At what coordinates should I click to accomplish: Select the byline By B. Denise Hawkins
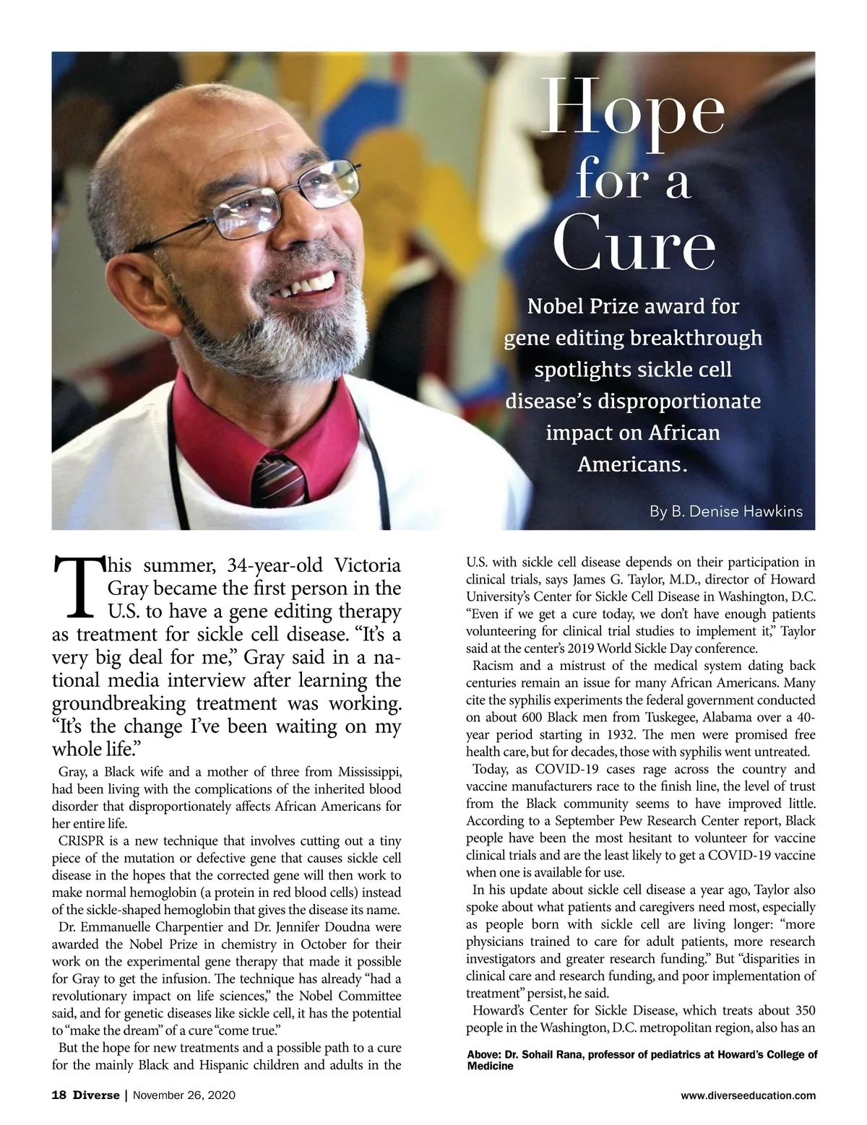(x=725, y=511)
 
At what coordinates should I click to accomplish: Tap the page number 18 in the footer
(x=59, y=1095)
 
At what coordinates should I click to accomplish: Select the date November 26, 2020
(x=185, y=1095)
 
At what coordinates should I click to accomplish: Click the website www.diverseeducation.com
(x=748, y=1095)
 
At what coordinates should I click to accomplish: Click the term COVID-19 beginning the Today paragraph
(x=566, y=769)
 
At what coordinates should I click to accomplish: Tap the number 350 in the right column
(x=804, y=1010)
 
